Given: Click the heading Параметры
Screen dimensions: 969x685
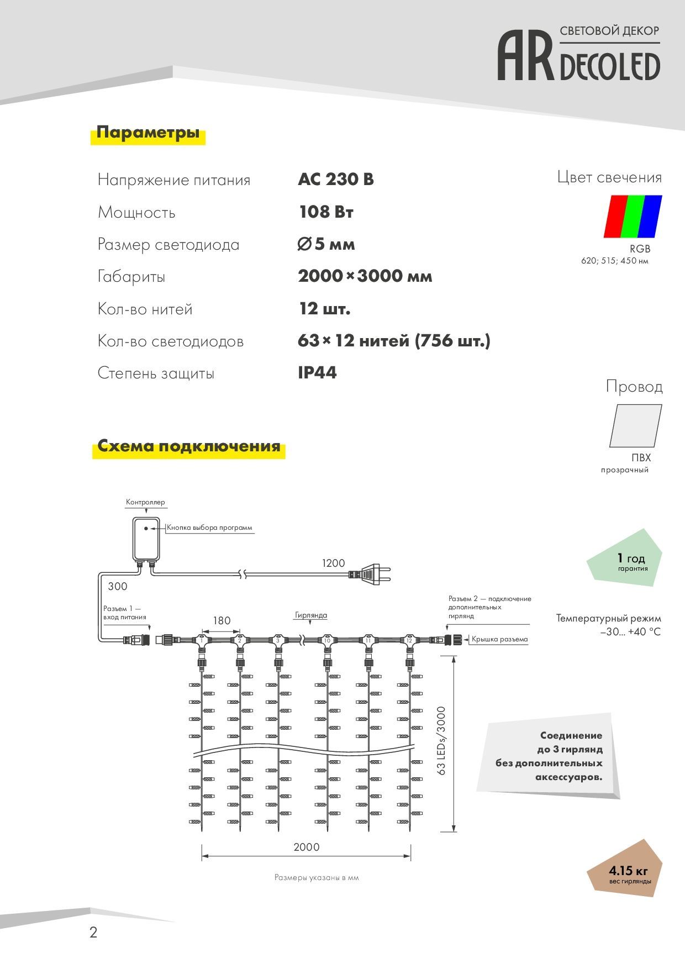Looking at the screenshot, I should click(x=147, y=133).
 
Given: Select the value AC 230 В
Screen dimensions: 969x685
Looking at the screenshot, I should click(x=335, y=180).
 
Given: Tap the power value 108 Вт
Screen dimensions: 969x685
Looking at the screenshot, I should click(x=326, y=212).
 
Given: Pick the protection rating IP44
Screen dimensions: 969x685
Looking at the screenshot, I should click(x=317, y=373).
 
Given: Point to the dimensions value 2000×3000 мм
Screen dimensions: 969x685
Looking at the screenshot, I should click(x=365, y=276).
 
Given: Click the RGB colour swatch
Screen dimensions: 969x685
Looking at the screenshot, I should click(x=633, y=216).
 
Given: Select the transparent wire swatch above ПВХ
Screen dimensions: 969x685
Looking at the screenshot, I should click(x=635, y=425).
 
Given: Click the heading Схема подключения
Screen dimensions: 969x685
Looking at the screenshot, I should click(x=189, y=446).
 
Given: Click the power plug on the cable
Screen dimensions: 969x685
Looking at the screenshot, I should click(x=371, y=575).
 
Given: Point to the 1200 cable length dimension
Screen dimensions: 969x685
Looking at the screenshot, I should click(x=333, y=563).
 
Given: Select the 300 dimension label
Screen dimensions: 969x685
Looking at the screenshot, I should click(x=118, y=586).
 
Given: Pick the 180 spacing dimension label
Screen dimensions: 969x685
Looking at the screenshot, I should click(x=222, y=620).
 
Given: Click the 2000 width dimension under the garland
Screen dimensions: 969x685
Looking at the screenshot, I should click(x=306, y=847).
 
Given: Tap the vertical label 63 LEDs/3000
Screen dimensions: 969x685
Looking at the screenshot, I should click(x=441, y=740).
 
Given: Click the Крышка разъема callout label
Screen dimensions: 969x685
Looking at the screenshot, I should click(x=499, y=639).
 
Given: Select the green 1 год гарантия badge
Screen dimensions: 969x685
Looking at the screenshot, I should click(x=627, y=561).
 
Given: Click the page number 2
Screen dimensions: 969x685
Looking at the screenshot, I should click(x=93, y=933).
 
